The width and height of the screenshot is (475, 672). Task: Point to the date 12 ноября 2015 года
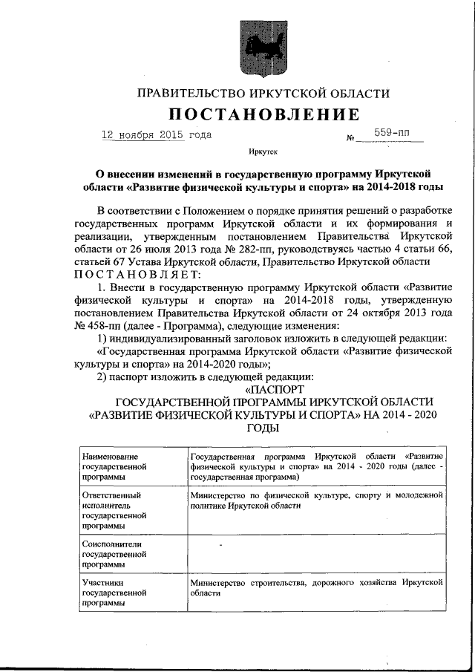coord(156,135)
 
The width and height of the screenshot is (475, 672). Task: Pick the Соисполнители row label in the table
coord(111,554)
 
